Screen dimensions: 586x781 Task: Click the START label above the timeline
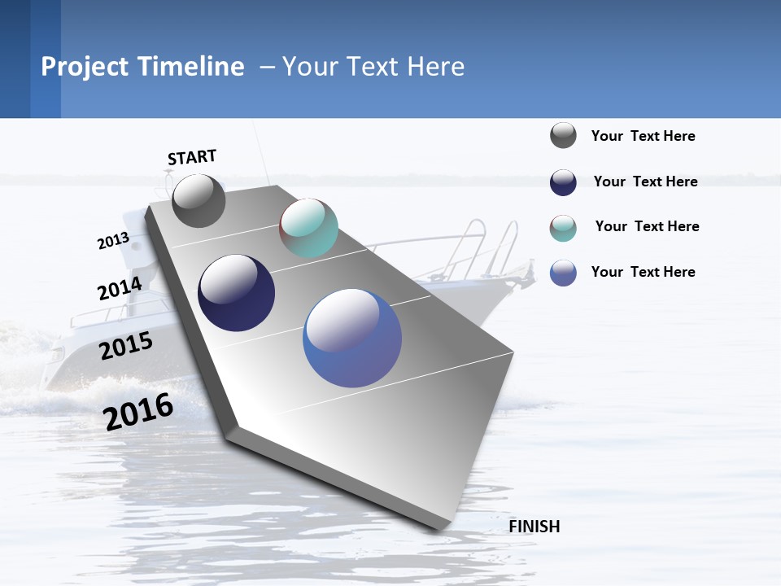(x=192, y=157)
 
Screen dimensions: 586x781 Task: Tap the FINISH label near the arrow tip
(x=534, y=527)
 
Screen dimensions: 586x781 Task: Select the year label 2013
(x=113, y=241)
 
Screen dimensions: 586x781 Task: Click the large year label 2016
(x=138, y=412)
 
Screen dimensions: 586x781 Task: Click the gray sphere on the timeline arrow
(x=199, y=201)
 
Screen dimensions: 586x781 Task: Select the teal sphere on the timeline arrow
(x=308, y=228)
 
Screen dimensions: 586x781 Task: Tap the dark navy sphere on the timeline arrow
(x=236, y=293)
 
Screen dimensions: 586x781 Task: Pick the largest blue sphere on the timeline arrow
(x=351, y=338)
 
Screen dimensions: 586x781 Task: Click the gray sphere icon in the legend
(x=563, y=136)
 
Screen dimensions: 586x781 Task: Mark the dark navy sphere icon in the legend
(x=563, y=182)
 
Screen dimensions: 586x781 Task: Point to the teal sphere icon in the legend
(x=563, y=228)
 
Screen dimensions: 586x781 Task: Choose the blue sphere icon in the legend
(x=563, y=273)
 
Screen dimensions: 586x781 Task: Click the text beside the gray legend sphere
(x=643, y=136)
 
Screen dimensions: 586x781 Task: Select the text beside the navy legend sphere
(x=645, y=181)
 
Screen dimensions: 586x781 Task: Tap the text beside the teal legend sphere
(x=647, y=226)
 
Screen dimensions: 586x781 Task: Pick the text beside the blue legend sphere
(x=643, y=272)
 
